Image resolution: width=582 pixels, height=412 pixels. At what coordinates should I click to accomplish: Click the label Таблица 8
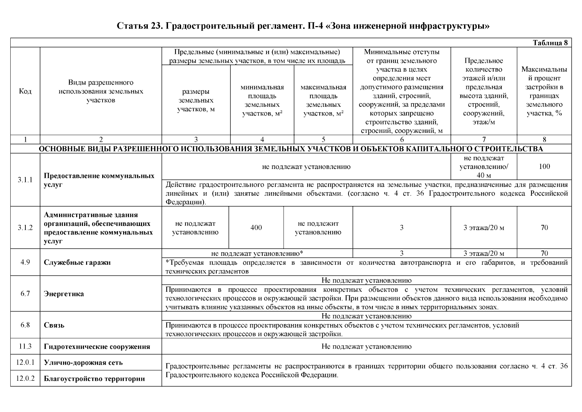pyautogui.click(x=550, y=43)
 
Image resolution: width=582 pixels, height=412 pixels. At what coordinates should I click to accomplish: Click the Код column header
pyautogui.click(x=25, y=91)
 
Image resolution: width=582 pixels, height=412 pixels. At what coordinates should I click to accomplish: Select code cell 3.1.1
pyautogui.click(x=25, y=180)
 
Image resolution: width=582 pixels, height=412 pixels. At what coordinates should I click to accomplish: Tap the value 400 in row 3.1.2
pyautogui.click(x=256, y=228)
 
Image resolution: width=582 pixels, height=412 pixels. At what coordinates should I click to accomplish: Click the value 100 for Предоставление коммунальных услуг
pyautogui.click(x=544, y=167)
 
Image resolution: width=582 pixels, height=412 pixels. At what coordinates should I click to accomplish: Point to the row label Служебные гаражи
pyautogui.click(x=77, y=263)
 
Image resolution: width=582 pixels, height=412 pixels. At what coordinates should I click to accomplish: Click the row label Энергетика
pyautogui.click(x=64, y=294)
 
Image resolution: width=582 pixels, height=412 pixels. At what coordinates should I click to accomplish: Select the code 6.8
pyautogui.click(x=25, y=325)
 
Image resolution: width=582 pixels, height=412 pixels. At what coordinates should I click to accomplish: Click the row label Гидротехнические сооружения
pyautogui.click(x=97, y=346)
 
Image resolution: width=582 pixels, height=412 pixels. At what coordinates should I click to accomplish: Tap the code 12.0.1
pyautogui.click(x=25, y=363)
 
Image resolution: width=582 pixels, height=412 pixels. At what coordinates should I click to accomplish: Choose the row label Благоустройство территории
pyautogui.click(x=94, y=379)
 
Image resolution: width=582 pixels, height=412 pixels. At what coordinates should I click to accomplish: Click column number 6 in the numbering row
pyautogui.click(x=402, y=139)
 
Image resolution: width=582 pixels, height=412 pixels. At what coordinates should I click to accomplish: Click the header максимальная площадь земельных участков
pyautogui.click(x=323, y=100)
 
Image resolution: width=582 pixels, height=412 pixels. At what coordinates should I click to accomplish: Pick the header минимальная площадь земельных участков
pyautogui.click(x=262, y=100)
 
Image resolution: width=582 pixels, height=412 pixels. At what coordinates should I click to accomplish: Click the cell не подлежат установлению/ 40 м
pyautogui.click(x=484, y=167)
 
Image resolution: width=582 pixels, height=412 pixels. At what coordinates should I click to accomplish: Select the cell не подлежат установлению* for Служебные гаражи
pyautogui.click(x=257, y=254)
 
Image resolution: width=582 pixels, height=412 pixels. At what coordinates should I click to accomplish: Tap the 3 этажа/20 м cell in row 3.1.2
pyautogui.click(x=484, y=228)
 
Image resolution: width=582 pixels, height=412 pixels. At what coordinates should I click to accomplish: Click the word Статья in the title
pyautogui.click(x=132, y=26)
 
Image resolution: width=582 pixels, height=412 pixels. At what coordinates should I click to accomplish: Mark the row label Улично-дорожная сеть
pyautogui.click(x=83, y=363)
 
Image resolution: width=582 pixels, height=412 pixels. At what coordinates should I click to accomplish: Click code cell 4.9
pyautogui.click(x=25, y=262)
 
